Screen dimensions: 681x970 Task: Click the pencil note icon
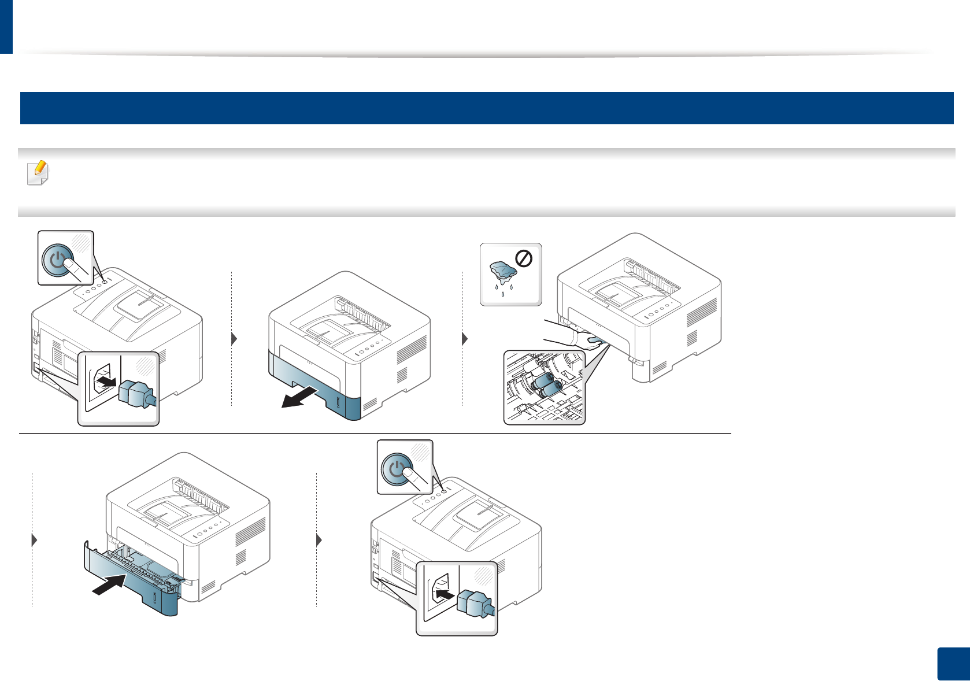pyautogui.click(x=38, y=172)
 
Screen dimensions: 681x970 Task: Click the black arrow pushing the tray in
pyautogui.click(x=109, y=585)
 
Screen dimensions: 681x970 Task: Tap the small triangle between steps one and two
pyautogui.click(x=234, y=339)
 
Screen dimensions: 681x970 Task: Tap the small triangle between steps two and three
pyautogui.click(x=465, y=339)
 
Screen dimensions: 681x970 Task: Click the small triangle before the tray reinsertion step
pyautogui.click(x=35, y=540)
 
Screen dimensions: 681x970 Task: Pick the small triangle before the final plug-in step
pyautogui.click(x=320, y=540)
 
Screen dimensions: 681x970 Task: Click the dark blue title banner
pyautogui.click(x=486, y=108)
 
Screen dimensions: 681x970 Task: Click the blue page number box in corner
pyautogui.click(x=952, y=664)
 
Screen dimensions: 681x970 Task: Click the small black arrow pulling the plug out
pyautogui.click(x=107, y=381)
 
